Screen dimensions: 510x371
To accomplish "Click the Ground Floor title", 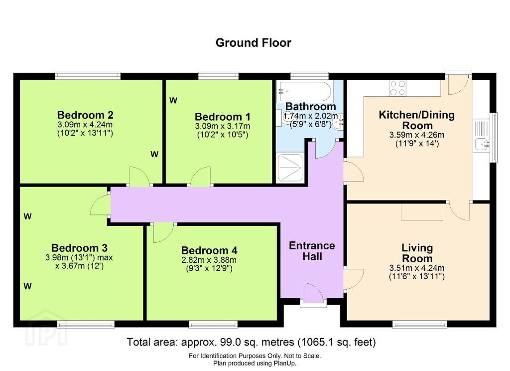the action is pos(254,43).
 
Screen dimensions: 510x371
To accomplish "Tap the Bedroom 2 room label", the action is pos(85,115).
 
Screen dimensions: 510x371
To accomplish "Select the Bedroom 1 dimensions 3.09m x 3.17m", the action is pos(223,126).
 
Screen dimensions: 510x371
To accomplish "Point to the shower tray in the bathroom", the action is pos(290,168).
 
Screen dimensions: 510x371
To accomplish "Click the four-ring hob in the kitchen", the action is pos(398,88).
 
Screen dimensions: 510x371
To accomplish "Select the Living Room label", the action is pos(417,253).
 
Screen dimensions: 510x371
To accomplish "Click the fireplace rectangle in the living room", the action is pos(422,212).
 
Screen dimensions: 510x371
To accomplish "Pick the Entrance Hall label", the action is pos(312,251).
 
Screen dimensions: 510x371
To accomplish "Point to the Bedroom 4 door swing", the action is pos(163,233).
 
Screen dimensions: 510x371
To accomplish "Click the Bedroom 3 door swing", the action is pos(100,205).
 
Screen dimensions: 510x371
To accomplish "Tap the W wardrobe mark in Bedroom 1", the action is pos(173,101).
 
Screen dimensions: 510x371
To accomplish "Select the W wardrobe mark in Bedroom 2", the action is pos(154,155).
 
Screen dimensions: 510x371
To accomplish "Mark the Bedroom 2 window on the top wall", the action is pos(88,76).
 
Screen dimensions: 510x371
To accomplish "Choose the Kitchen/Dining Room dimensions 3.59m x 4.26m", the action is pos(417,135).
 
